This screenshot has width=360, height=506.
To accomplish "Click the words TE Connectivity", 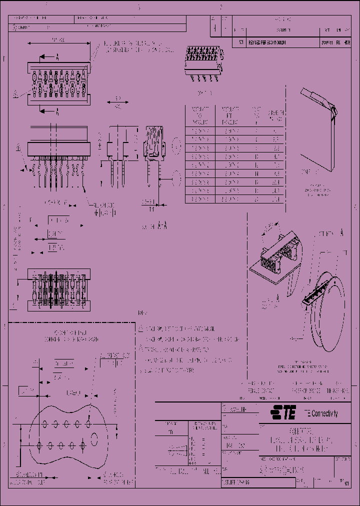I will coord(320,413).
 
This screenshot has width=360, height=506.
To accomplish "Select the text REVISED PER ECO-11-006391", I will coord(266,43).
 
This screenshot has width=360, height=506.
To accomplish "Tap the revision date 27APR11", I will coord(324,43).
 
